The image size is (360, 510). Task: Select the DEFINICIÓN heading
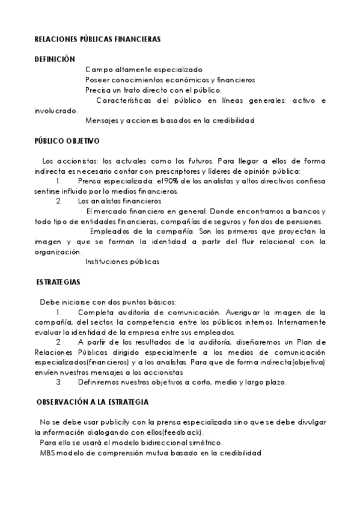point(55,60)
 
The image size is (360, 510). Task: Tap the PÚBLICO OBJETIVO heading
point(67,141)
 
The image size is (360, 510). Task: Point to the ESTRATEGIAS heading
point(59,281)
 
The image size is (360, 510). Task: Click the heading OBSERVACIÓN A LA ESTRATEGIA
point(93,402)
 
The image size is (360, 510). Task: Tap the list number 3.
point(58,382)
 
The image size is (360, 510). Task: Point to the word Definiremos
point(102,382)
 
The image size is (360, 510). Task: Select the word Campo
point(95,70)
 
